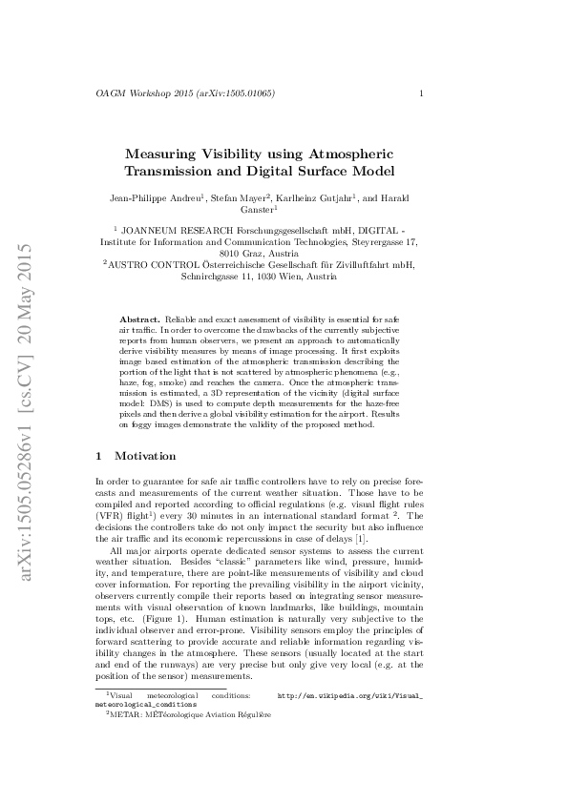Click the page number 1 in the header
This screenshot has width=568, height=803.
pyautogui.click(x=421, y=93)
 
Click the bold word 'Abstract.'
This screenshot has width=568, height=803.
pyautogui.click(x=140, y=317)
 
